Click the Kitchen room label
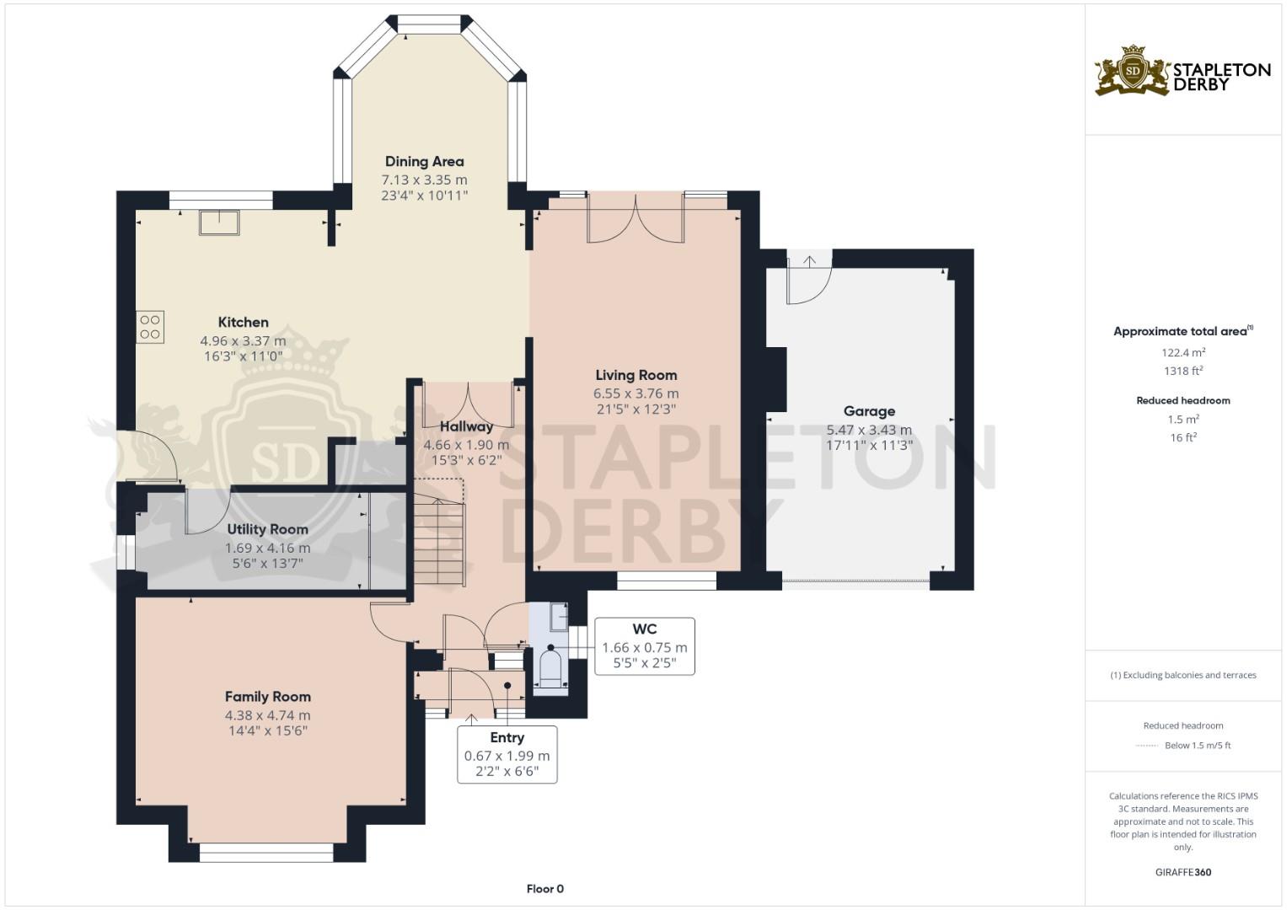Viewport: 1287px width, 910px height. point(243,322)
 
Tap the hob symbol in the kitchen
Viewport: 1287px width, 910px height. point(150,327)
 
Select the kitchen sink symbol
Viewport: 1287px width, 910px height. point(219,222)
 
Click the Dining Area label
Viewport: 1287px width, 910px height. point(424,161)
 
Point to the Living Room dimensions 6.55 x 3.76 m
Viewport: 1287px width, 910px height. point(635,393)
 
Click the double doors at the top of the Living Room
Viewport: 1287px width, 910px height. point(635,218)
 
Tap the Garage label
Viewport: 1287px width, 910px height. point(869,411)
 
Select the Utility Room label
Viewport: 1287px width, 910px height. point(267,529)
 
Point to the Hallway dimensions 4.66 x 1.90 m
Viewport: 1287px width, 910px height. point(466,445)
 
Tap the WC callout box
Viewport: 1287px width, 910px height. point(645,646)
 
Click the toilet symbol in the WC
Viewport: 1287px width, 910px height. point(550,666)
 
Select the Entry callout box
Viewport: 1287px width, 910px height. point(507,754)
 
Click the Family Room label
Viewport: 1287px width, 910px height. point(267,697)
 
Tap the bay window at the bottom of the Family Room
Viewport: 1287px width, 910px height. point(266,855)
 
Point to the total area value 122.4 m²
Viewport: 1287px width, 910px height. point(1182,353)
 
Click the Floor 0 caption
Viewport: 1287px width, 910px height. point(544,889)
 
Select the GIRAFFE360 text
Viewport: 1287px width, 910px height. point(1182,872)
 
